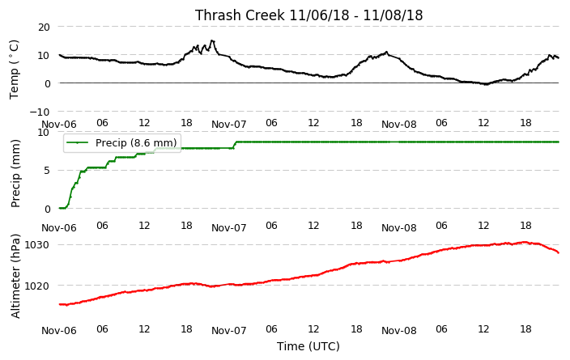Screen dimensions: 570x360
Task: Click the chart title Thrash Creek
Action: [x=240, y=15]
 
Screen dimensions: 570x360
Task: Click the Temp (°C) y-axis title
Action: [x=14, y=70]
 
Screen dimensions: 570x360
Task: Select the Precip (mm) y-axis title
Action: [x=15, y=173]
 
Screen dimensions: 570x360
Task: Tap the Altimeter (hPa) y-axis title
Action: [x=15, y=276]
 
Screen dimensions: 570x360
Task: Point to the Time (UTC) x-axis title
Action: [x=308, y=346]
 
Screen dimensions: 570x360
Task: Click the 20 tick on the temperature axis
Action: [x=44, y=27]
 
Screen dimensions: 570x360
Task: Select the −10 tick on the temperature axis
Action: [x=40, y=112]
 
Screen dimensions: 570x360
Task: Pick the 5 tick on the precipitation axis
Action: [x=47, y=171]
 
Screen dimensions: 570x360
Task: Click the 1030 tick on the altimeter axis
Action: [x=36, y=245]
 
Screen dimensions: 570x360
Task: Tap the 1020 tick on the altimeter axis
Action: [x=36, y=286]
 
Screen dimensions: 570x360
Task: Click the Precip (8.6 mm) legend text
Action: [x=136, y=142]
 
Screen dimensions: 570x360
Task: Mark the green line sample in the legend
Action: [x=78, y=142]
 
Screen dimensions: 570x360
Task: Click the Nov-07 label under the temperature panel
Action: [x=229, y=125]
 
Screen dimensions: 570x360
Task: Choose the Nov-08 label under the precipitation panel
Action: [x=399, y=228]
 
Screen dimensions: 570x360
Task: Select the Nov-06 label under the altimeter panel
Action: [x=59, y=331]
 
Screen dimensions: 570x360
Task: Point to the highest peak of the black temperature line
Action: [x=212, y=40]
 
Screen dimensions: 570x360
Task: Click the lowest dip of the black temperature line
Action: [x=486, y=84]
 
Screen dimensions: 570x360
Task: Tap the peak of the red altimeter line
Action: [x=524, y=242]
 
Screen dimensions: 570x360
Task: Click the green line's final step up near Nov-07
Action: [x=235, y=145]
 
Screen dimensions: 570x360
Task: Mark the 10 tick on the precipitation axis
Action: [x=44, y=132]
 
